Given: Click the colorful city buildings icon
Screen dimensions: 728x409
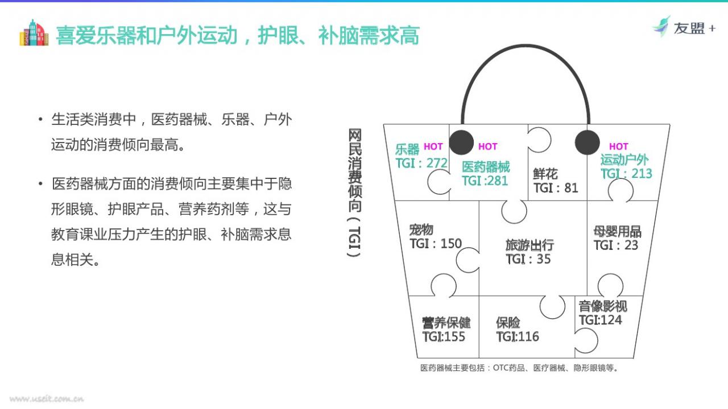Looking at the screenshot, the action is [34, 33].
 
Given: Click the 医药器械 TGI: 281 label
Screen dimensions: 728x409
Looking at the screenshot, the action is [486, 174].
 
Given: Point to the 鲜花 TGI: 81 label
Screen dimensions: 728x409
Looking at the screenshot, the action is [556, 181].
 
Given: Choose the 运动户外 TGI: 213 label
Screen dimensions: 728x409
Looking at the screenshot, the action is [626, 166].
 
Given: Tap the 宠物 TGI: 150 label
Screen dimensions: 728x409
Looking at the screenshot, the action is [436, 237].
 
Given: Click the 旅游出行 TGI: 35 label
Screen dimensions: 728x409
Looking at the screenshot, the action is [530, 252].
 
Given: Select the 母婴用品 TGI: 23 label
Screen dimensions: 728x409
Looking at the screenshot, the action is [617, 238].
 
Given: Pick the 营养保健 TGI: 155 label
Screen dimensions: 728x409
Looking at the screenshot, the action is [446, 329].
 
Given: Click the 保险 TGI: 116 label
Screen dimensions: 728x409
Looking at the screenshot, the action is [518, 329].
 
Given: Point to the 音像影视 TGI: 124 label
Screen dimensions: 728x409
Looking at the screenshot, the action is [602, 313].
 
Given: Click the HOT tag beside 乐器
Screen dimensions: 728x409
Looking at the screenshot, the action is [433, 147].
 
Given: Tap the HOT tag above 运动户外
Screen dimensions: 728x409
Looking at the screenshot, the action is [618, 147].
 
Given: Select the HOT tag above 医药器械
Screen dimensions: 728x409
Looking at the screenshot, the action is [488, 147].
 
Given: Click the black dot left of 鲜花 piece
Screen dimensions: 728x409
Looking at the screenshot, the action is [461, 143].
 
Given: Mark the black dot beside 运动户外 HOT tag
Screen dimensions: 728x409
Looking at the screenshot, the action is [587, 143].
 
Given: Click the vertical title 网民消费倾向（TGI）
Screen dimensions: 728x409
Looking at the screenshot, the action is [354, 193].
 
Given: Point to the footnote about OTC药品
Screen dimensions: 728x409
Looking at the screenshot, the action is [519, 368].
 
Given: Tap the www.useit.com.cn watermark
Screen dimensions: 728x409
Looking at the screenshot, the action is [47, 399].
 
